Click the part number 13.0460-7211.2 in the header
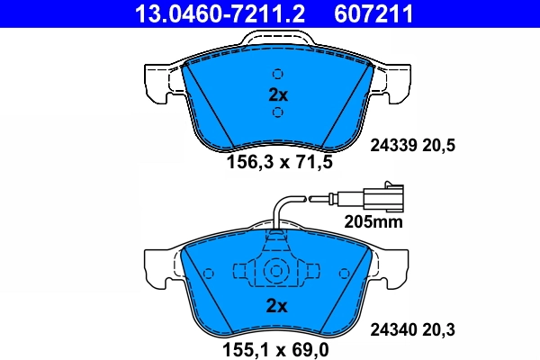coord(207,13)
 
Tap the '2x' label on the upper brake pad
coord(278,94)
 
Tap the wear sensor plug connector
coord(378,195)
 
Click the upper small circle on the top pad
coord(278,74)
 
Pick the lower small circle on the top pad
coord(278,112)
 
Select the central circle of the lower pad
coord(277,271)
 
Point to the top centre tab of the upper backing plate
coord(278,41)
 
